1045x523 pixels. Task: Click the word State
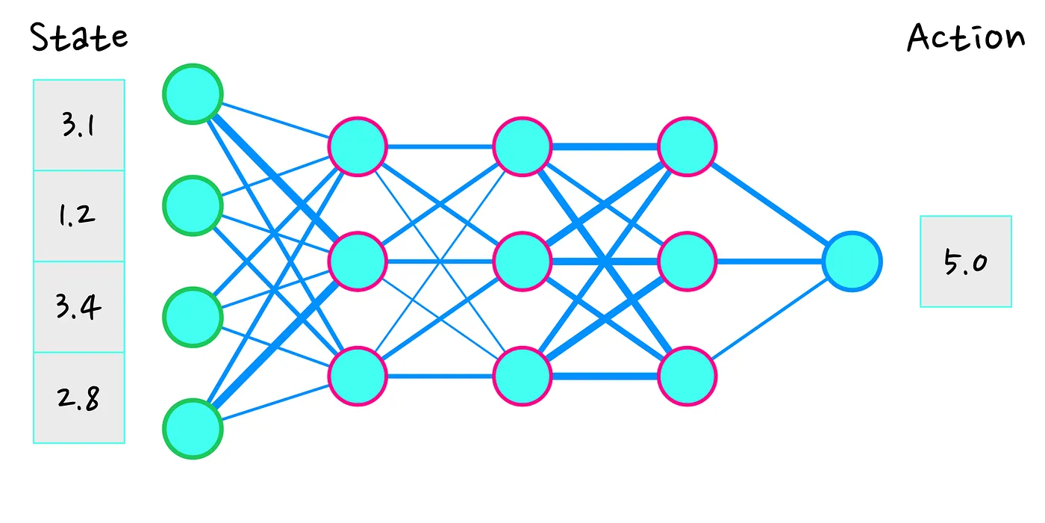point(79,37)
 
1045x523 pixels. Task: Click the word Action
point(966,37)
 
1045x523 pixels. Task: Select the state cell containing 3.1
point(79,126)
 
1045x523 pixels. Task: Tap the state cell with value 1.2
point(79,216)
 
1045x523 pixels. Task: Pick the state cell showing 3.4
point(79,307)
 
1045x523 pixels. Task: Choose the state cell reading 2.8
point(79,398)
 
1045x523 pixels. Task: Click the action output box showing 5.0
point(966,261)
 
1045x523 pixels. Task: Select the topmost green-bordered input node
point(193,94)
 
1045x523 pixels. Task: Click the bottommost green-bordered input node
point(193,429)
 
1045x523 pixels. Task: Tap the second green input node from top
point(193,205)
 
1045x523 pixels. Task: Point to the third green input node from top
point(193,317)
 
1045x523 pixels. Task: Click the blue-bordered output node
point(852,261)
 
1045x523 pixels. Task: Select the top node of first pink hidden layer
point(358,146)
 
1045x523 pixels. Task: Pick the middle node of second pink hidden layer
point(522,261)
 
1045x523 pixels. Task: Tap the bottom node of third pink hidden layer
point(687,377)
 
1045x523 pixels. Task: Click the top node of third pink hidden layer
point(687,146)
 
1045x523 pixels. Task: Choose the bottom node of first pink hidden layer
point(358,377)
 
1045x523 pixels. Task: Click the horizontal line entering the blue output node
point(770,261)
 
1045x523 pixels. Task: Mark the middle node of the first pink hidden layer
point(358,261)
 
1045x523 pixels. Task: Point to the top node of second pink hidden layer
point(522,146)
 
